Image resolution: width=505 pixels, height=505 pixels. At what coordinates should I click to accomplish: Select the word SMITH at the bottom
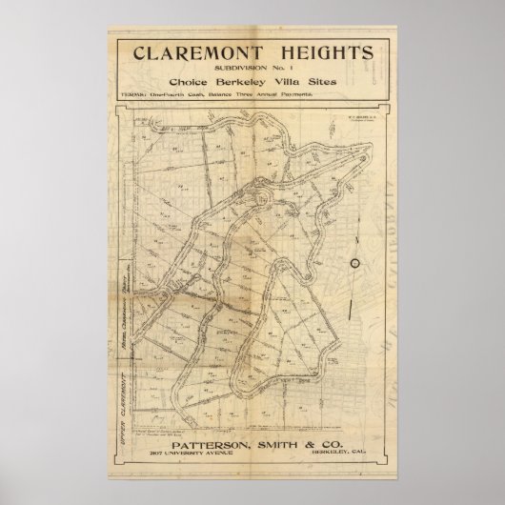tap(270, 443)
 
